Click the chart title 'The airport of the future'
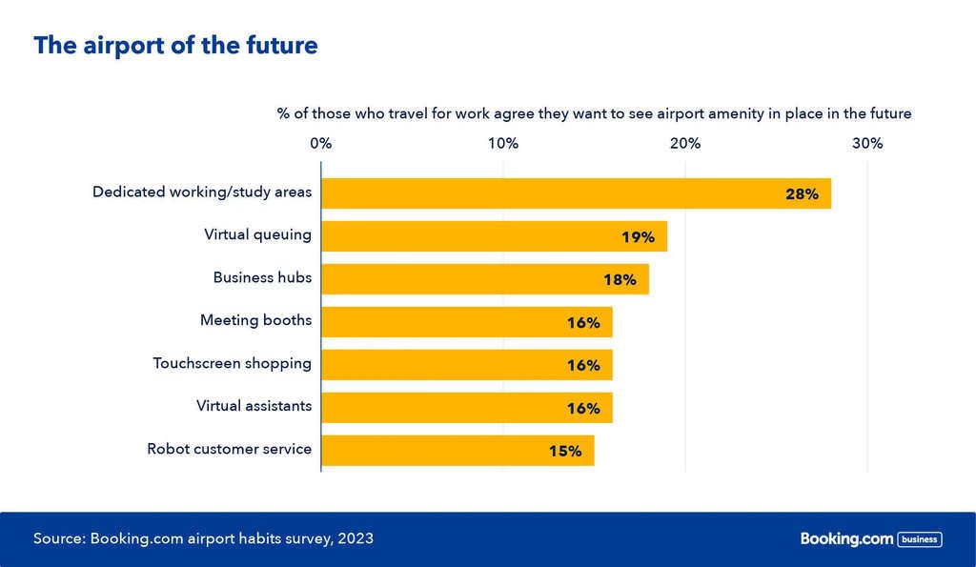pos(175,46)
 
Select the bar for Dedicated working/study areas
pos(576,193)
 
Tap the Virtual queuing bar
pos(494,236)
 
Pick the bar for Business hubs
pos(484,279)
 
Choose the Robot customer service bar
pos(457,451)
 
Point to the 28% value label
pos(802,194)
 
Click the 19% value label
pos(638,237)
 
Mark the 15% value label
pos(565,452)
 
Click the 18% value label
pos(620,280)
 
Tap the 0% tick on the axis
pos(321,144)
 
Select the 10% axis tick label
pos(503,144)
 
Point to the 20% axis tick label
pos(685,144)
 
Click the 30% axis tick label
pos(867,144)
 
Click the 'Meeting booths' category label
pos(255,320)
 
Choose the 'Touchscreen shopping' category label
pos(232,363)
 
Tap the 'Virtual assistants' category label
pos(254,406)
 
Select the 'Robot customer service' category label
pos(229,448)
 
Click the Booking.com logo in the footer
pos(846,539)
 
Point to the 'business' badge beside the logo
pos(920,539)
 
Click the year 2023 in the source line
pos(356,538)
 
